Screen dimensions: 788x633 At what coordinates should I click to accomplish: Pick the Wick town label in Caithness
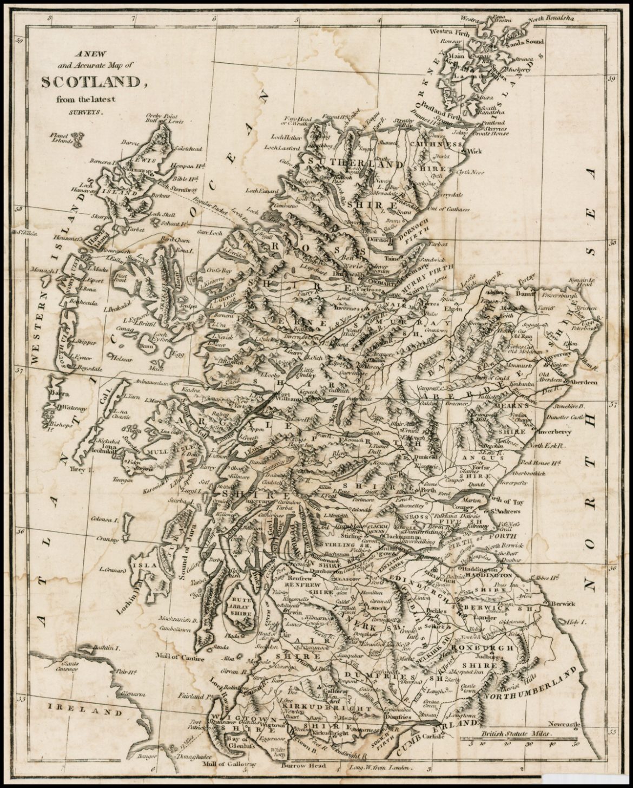pyautogui.click(x=475, y=151)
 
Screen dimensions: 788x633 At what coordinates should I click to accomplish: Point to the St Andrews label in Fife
pyautogui.click(x=505, y=511)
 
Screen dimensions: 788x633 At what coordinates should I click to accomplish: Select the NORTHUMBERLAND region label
pyautogui.click(x=533, y=686)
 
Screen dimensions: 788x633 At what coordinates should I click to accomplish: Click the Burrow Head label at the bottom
pyautogui.click(x=304, y=765)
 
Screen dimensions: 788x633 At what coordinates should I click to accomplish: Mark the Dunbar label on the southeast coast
pyautogui.click(x=518, y=561)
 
